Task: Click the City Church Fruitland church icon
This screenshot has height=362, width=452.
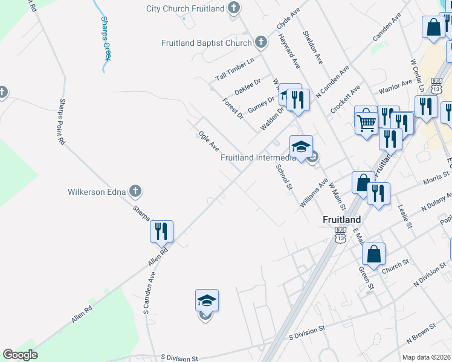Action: [234, 8]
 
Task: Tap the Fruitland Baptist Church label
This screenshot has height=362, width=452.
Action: [206, 43]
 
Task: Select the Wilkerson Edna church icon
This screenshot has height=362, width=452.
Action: [135, 192]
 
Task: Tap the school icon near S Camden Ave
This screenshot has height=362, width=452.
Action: [207, 300]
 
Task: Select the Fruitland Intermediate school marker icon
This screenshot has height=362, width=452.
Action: [301, 147]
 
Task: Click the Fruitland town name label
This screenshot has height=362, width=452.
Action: [341, 219]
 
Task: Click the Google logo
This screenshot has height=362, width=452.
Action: [20, 355]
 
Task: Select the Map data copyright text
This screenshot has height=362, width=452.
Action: [427, 357]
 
